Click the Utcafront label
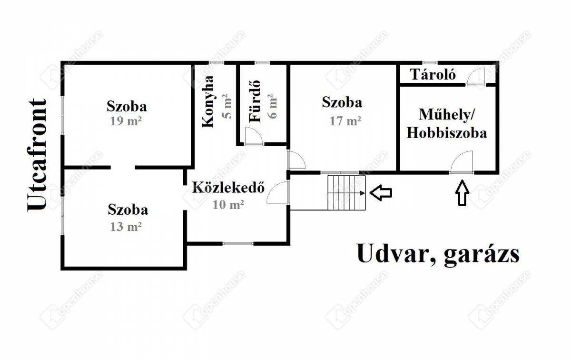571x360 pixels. tap(37, 155)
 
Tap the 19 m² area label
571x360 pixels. tap(126, 121)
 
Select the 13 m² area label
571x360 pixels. tap(126, 227)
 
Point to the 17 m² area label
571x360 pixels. tap(345, 121)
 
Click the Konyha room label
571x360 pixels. tap(207, 101)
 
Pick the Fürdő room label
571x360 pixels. tap(255, 101)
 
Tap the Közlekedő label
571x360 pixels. tap(228, 187)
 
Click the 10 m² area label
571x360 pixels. tap(228, 204)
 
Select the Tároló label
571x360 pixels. tap(433, 75)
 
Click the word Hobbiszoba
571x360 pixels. tap(447, 133)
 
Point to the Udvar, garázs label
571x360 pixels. tap(438, 254)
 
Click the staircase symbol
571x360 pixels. tap(347, 193)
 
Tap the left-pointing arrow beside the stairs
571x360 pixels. tap(381, 193)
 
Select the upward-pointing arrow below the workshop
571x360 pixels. tap(462, 193)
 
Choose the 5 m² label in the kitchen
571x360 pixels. tap(227, 106)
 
